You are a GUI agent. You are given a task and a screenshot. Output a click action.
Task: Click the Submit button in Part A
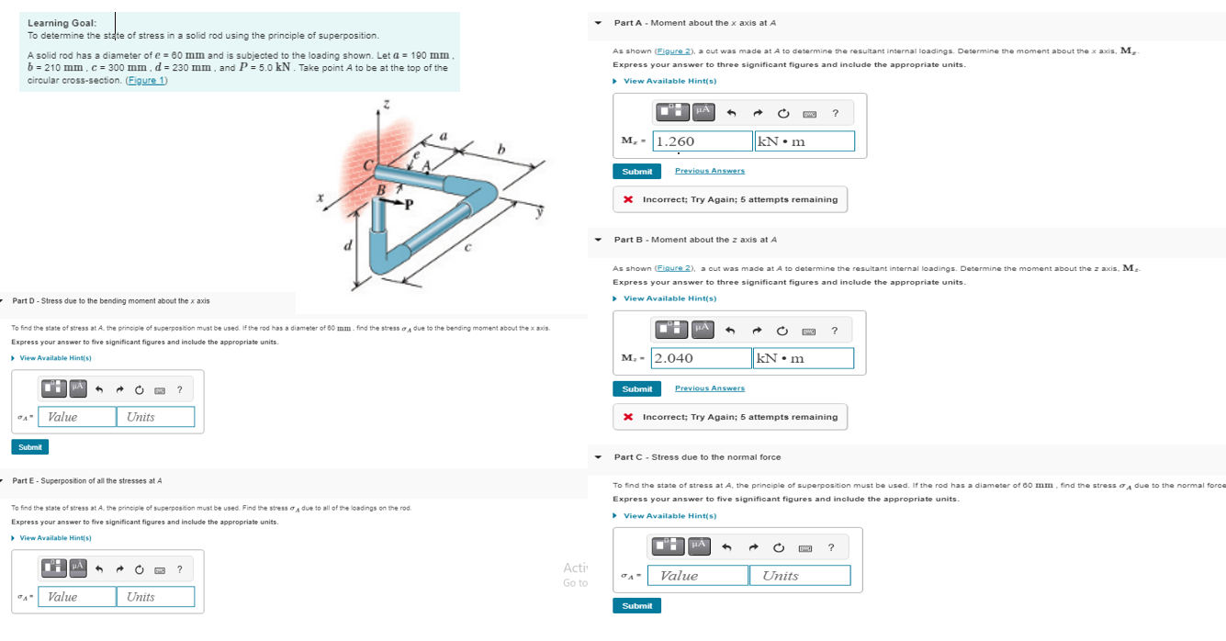[x=636, y=172]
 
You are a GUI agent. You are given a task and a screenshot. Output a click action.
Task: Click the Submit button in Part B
[x=636, y=389]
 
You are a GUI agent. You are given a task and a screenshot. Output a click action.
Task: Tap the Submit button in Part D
[x=30, y=447]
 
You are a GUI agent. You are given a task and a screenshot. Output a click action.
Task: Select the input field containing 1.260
[x=703, y=141]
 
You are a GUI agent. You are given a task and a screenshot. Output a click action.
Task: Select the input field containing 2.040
[x=702, y=358]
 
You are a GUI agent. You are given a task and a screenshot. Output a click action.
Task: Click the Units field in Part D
[x=155, y=417]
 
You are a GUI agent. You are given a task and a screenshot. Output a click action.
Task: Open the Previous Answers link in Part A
[x=709, y=171]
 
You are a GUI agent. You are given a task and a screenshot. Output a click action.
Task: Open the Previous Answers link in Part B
[x=709, y=388]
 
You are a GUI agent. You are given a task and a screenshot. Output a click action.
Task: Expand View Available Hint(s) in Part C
[x=669, y=516]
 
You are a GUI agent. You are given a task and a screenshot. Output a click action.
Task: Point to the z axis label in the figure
[x=386, y=106]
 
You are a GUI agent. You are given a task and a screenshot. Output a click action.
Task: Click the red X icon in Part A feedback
[x=627, y=199]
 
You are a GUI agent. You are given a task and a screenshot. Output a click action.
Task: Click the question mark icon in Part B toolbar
[x=834, y=331]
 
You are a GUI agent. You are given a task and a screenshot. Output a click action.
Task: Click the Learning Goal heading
[x=62, y=23]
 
